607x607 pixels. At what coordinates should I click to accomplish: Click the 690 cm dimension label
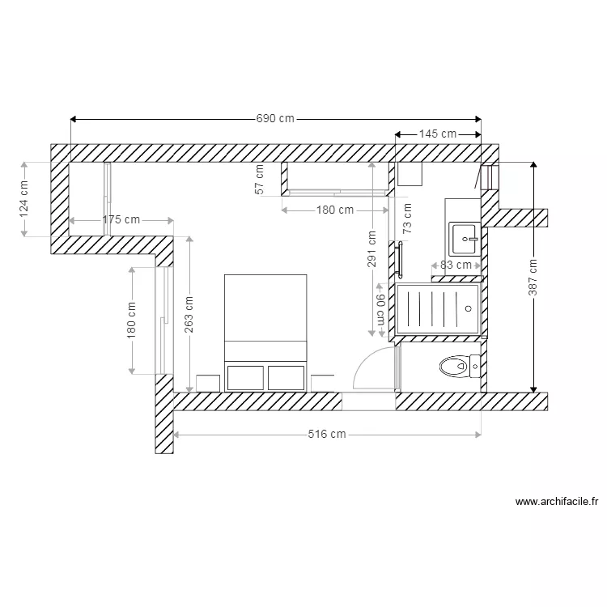pos(275,118)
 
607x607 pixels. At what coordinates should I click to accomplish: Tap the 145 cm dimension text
pos(437,134)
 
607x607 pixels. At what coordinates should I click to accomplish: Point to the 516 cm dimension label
pos(327,435)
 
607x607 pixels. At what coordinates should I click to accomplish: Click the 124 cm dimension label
pos(23,197)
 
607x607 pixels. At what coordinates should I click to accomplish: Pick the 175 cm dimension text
pos(121,219)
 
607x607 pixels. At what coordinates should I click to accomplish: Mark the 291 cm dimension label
pos(371,249)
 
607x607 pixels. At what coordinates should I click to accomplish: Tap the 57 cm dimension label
pos(260,179)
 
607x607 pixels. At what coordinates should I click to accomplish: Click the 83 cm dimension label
pos(456,265)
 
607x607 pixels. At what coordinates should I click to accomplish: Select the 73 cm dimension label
pos(407,219)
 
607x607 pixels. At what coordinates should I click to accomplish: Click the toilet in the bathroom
pos(455,367)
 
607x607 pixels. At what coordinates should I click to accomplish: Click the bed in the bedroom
pos(265,328)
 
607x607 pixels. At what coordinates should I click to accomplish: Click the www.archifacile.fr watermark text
pos(557,502)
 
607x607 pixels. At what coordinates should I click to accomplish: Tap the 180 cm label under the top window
pos(334,210)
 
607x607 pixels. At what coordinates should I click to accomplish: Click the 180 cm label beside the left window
pos(132,321)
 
